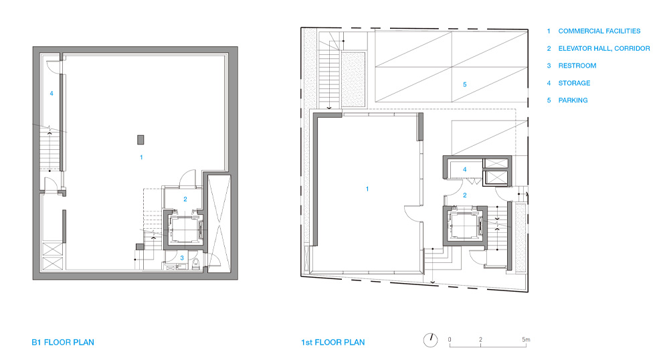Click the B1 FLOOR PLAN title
pos(63,343)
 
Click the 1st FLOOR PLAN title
pos(332,343)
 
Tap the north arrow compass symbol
pos(430,340)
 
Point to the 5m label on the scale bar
pos(526,339)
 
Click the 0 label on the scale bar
pos(450,339)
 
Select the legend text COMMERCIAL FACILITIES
pos(599,31)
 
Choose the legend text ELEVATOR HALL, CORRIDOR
pos(603,49)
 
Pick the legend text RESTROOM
pos(577,66)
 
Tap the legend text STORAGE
pos(574,83)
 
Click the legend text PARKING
pos(573,100)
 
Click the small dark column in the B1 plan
pos(140,139)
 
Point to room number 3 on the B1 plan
pos(182,258)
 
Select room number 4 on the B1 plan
pos(52,94)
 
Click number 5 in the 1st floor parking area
pos(465,84)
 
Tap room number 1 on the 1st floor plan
pos(367,189)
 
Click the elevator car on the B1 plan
pos(185,229)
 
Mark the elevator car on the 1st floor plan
pos(465,225)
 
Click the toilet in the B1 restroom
pos(196,263)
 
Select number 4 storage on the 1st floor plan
pos(465,169)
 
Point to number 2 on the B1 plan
pos(185,199)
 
